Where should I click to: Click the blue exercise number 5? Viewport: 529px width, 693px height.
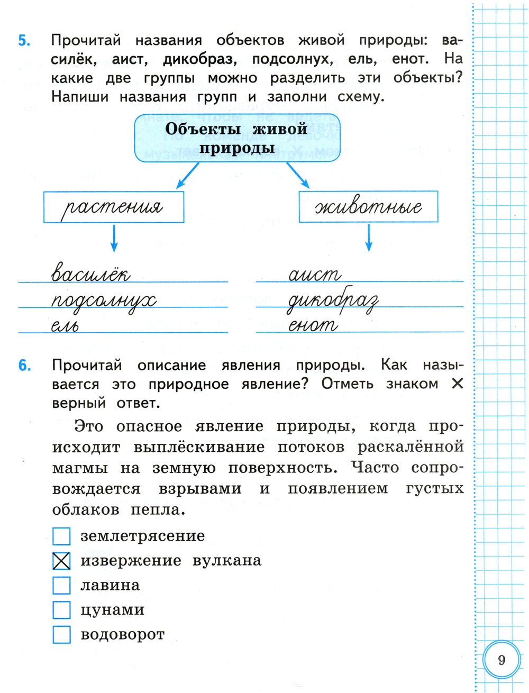pyautogui.click(x=24, y=41)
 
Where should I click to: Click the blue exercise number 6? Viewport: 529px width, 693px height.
pyautogui.click(x=25, y=366)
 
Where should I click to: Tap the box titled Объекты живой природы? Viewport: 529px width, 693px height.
pyautogui.click(x=237, y=138)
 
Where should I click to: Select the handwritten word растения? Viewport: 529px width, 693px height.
pyautogui.click(x=112, y=208)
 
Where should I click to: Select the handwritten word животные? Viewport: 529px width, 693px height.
pyautogui.click(x=368, y=207)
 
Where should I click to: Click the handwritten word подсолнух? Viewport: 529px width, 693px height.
pyautogui.click(x=104, y=302)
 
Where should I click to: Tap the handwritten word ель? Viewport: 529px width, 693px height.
pyautogui.click(x=65, y=325)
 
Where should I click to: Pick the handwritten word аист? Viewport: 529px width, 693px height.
pyautogui.click(x=315, y=275)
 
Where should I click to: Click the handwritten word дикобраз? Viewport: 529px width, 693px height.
pyautogui.click(x=333, y=300)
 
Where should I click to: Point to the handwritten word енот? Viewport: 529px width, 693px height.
pyautogui.click(x=313, y=325)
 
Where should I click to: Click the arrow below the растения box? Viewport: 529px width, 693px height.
pyautogui.click(x=114, y=239)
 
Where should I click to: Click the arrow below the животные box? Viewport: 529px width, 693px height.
pyautogui.click(x=369, y=238)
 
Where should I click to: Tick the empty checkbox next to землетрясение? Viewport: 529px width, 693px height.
pyautogui.click(x=61, y=536)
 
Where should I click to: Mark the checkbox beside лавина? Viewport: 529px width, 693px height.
pyautogui.click(x=61, y=585)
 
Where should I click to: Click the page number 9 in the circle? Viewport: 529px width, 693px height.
pyautogui.click(x=501, y=660)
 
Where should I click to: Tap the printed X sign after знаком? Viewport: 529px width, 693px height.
pyautogui.click(x=458, y=384)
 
